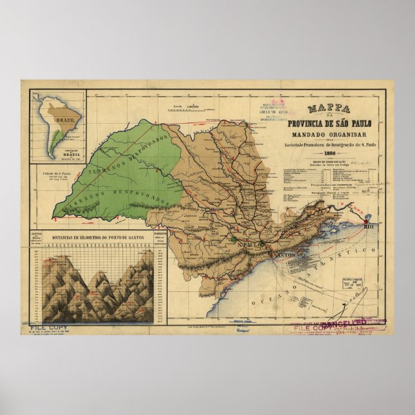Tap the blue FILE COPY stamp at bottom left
(49, 327)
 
